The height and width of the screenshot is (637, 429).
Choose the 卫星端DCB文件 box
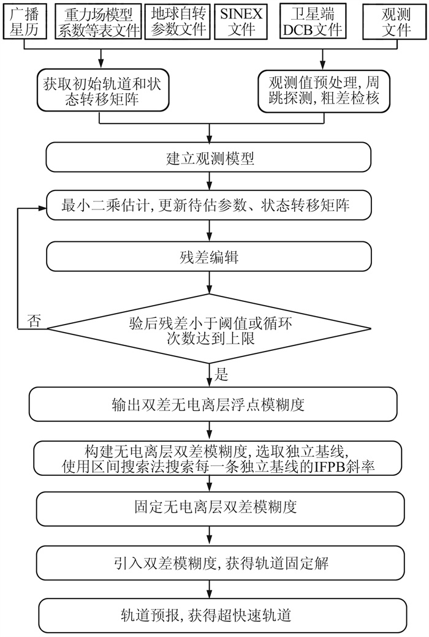319,21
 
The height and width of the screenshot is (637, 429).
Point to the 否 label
35,321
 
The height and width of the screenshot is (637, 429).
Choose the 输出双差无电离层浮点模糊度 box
210,404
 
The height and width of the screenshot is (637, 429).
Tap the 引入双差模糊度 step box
210,560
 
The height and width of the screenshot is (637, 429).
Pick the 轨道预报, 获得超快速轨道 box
210,612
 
